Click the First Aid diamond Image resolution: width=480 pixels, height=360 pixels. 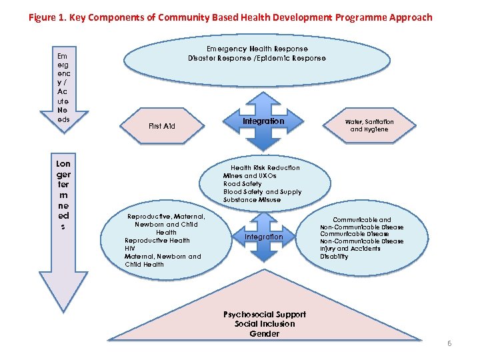(x=162, y=126)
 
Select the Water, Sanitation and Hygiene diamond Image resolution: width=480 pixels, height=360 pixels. (x=369, y=125)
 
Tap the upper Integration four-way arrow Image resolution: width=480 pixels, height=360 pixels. (x=264, y=122)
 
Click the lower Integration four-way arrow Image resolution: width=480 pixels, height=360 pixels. (x=264, y=237)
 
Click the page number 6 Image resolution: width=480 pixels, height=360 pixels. (x=449, y=343)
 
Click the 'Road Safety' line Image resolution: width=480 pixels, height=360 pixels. (x=243, y=184)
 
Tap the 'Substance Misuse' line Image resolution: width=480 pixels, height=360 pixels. (x=252, y=200)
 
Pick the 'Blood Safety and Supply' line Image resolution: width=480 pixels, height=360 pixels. (x=262, y=192)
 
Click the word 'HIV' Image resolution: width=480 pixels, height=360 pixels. (x=130, y=248)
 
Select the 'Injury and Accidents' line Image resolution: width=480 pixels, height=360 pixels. (x=350, y=249)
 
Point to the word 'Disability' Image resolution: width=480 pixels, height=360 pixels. (x=334, y=257)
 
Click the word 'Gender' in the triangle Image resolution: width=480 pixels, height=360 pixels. (x=264, y=333)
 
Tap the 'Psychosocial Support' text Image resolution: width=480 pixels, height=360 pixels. (x=265, y=315)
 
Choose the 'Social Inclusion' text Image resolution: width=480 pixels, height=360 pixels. (x=265, y=324)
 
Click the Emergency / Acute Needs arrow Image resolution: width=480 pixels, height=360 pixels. (x=63, y=87)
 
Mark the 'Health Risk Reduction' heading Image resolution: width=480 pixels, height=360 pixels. (x=265, y=168)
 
